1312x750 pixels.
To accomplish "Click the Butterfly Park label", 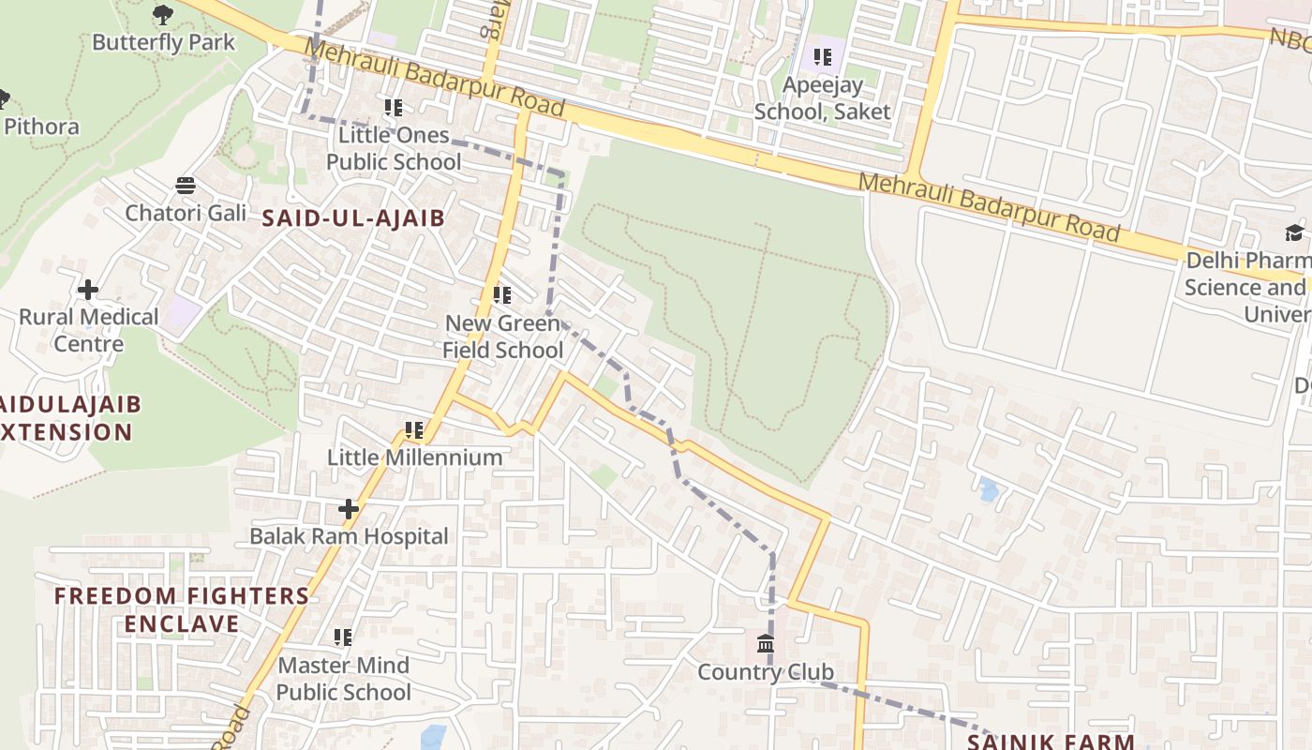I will point(163,42).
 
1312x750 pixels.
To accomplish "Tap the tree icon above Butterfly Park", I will point(163,14).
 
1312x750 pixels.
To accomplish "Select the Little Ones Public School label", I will point(394,148).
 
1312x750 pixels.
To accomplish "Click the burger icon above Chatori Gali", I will point(186,185).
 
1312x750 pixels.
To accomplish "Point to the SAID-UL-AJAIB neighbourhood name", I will point(352,217).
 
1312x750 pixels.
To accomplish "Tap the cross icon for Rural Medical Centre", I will point(88,290).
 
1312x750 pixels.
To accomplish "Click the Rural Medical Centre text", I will point(89,330).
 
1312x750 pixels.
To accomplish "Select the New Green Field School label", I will point(503,337).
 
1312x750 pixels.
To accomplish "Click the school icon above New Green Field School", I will point(502,295).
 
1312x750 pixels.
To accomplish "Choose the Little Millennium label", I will point(414,457).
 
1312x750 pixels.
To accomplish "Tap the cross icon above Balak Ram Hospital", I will point(349,509).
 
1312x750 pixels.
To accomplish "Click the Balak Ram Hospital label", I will point(349,536).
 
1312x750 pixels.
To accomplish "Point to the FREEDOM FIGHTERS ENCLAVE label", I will point(181,609).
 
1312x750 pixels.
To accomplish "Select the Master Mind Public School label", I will point(344,679).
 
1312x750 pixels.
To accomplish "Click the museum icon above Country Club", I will point(766,644).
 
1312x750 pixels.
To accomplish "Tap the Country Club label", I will point(766,672).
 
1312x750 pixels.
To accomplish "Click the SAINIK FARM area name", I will point(1051,742).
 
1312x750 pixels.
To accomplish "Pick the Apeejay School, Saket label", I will point(822,97).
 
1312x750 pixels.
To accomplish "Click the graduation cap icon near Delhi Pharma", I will point(1294,232).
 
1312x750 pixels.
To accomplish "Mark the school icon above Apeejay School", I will point(823,57).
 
